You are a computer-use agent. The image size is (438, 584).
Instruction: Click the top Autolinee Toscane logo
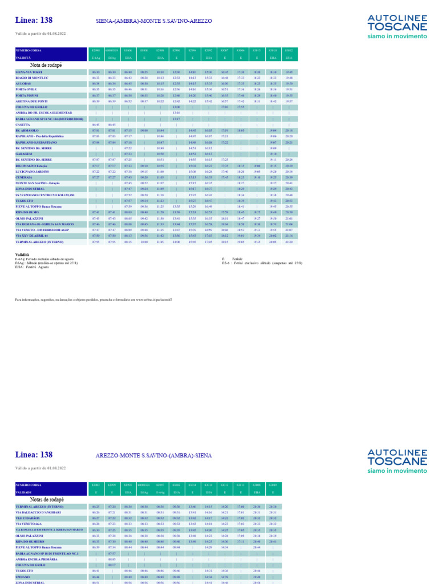coord(397,27)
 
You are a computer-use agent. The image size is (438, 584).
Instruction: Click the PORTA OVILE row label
coord(26,90)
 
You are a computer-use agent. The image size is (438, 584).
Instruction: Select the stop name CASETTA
coord(23,124)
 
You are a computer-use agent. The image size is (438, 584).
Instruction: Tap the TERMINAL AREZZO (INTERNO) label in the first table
coord(39,242)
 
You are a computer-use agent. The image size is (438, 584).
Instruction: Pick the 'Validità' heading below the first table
coord(22,254)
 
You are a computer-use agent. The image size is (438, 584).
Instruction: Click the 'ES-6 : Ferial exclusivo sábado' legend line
coord(262,263)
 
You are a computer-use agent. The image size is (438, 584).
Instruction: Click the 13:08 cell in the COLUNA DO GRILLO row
coord(176,107)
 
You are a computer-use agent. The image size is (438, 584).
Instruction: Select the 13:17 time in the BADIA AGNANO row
coord(176,119)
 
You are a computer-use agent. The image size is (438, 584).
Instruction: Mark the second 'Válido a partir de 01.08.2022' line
coord(40,468)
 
